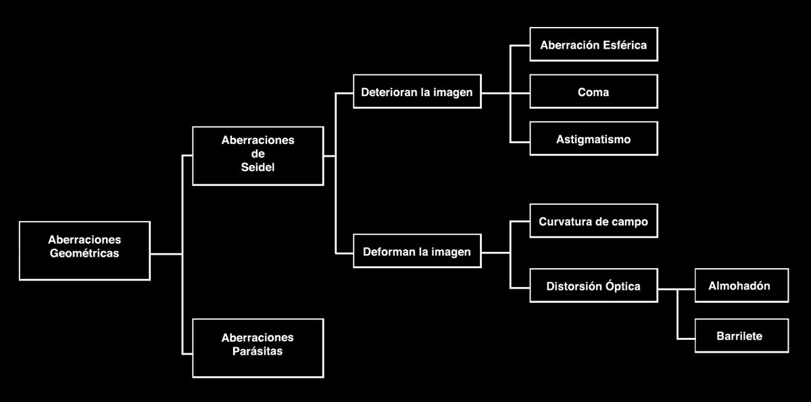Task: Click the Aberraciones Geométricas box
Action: point(84,250)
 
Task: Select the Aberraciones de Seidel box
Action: point(257,155)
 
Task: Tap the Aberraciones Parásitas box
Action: point(257,347)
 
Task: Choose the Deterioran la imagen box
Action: point(417,91)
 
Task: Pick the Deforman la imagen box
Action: point(417,252)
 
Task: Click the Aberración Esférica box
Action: point(593,45)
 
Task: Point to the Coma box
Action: point(593,91)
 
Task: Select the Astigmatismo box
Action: point(593,139)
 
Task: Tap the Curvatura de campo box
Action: point(593,221)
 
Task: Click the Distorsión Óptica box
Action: point(593,286)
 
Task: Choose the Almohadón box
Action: point(741,286)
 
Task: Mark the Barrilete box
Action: point(741,336)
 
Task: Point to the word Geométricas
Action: point(84,254)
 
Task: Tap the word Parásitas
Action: point(257,352)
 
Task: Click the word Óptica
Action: point(622,286)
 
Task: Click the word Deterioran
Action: point(389,91)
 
